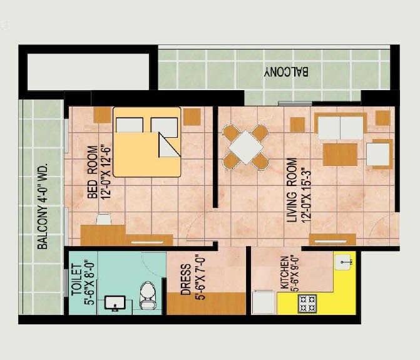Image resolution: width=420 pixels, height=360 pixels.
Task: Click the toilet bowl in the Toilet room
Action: [148, 294]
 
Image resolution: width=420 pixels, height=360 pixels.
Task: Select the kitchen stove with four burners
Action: [308, 304]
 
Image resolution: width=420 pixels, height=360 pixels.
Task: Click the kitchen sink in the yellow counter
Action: [344, 261]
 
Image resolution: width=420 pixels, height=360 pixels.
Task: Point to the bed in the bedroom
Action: [147, 142]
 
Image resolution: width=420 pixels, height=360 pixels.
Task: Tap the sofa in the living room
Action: [341, 127]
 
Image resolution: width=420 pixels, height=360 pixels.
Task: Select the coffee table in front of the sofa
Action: [340, 154]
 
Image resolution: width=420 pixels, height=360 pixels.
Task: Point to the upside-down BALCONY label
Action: [286, 72]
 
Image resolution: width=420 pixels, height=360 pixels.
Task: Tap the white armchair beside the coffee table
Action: [379, 154]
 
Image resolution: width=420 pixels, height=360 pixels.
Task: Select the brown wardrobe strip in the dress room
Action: [206, 303]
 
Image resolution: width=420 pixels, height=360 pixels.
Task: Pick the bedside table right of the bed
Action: [192, 116]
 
